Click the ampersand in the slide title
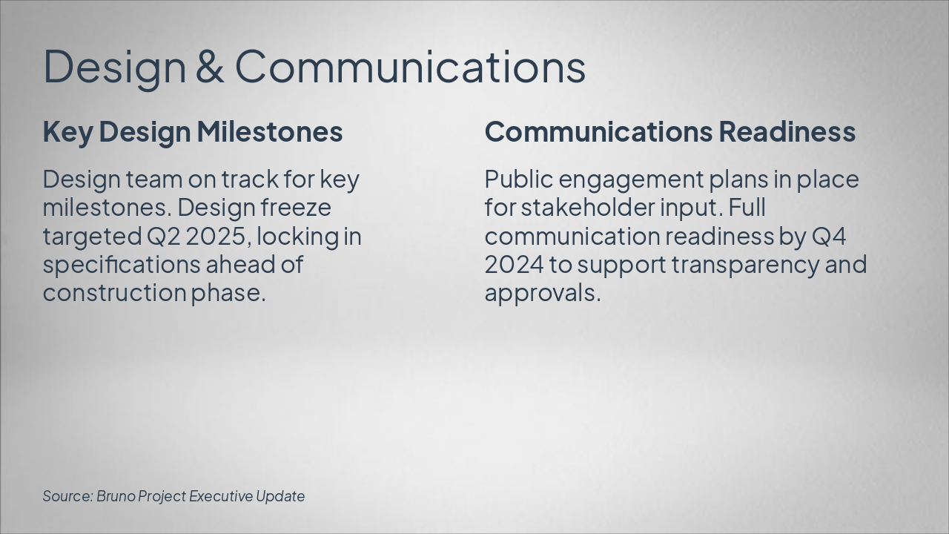tap(210, 66)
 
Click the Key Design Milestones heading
tap(193, 131)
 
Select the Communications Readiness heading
tap(670, 131)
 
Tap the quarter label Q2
tap(163, 236)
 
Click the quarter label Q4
tap(829, 236)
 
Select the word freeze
tap(296, 208)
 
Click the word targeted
tap(92, 236)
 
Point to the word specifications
tap(121, 264)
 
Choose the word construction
tap(113, 292)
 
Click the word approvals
tap(542, 292)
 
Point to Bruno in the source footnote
tap(116, 495)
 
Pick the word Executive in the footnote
tap(220, 495)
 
